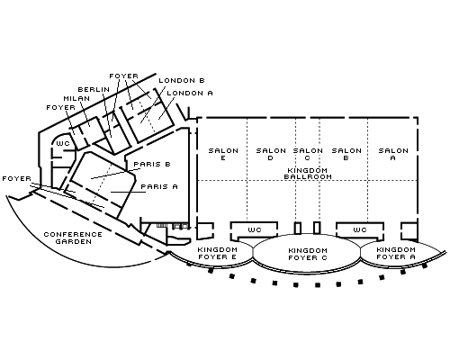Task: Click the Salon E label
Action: coord(223,154)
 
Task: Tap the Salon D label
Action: coord(271,154)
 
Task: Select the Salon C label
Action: coord(308,154)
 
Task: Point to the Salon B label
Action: coord(346,154)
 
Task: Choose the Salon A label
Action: coord(393,154)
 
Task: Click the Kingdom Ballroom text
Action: coord(308,174)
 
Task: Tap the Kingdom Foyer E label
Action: coord(217,253)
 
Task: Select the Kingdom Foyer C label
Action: coord(308,254)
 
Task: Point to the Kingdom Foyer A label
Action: coord(396,253)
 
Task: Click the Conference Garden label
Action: coord(73,238)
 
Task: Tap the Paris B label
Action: coord(152,164)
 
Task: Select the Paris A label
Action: coord(159,186)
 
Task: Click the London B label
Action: coord(182,80)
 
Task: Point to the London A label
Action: coord(190,93)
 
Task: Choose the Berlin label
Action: coord(94,89)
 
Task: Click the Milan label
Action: coord(76,98)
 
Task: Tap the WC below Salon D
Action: coord(255,229)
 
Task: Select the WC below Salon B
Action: coord(360,229)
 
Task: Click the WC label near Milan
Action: coord(63,143)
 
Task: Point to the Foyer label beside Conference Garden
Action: coord(17,178)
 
